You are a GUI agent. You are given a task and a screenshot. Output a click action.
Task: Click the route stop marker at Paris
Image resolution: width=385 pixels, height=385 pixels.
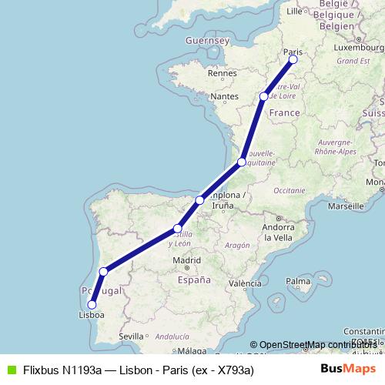pos(293,59)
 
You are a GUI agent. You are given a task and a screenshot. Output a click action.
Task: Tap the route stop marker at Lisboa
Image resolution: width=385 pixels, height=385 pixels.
pos(92,305)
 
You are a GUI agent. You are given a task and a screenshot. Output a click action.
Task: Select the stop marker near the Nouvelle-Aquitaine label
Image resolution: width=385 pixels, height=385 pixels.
pos(242,162)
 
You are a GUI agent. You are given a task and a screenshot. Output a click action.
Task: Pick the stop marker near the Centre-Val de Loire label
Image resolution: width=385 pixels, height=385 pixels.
pos(264,96)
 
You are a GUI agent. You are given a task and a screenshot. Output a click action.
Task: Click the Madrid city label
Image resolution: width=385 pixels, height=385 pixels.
pos(186,261)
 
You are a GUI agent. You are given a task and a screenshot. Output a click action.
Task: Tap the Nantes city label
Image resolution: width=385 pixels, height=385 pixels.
pos(224,96)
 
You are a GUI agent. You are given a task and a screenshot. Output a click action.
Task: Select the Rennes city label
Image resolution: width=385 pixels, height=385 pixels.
pos(220,73)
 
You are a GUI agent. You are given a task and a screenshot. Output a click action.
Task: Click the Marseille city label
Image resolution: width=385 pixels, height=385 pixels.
pos(345,206)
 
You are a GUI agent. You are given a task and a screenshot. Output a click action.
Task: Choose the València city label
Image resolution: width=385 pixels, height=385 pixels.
pos(245,283)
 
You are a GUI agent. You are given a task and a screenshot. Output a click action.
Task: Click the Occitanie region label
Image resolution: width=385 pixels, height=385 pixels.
pos(289,189)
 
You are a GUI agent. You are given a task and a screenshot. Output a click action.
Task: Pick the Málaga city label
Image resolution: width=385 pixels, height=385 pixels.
pos(179,351)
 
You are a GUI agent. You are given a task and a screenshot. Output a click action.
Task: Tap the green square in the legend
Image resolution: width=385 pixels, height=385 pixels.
pos(10,370)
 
